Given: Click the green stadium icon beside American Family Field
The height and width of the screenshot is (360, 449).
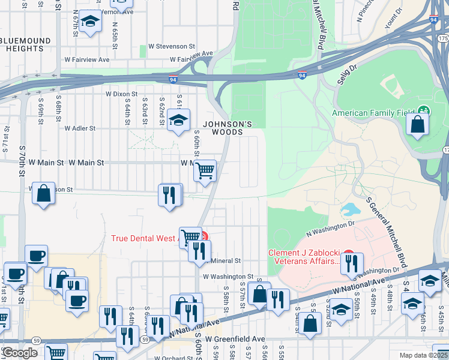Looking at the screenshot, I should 424,110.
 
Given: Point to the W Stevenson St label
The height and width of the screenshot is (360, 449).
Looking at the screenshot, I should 172,46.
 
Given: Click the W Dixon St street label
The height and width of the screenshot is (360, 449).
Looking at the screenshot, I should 121,94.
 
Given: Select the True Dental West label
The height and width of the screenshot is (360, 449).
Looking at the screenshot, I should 145,238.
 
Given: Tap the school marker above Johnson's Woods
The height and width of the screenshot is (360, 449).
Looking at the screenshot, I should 178,120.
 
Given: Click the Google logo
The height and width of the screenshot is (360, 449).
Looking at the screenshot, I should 19,353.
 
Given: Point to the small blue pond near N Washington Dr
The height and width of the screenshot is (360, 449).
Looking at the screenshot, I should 348,209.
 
